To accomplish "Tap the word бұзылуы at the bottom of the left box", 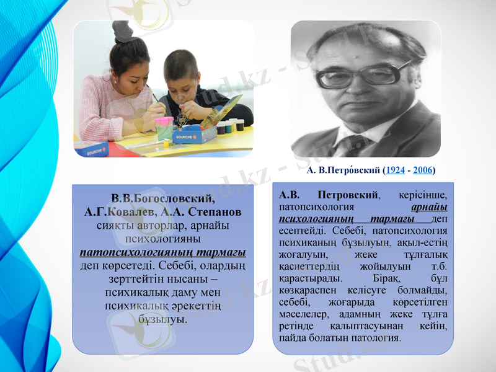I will pyautogui.click(x=163, y=319).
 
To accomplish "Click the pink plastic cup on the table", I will pyautogui.click(x=164, y=128).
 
